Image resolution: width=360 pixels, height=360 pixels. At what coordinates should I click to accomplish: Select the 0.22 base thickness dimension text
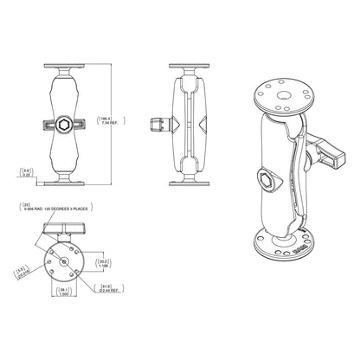click(27, 173)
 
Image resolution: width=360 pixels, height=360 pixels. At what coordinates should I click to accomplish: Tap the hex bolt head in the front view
click(65, 124)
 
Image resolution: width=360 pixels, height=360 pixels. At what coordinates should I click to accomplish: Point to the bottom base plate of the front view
click(65, 180)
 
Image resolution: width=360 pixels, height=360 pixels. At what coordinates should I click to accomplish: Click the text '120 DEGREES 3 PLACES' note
click(65, 209)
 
